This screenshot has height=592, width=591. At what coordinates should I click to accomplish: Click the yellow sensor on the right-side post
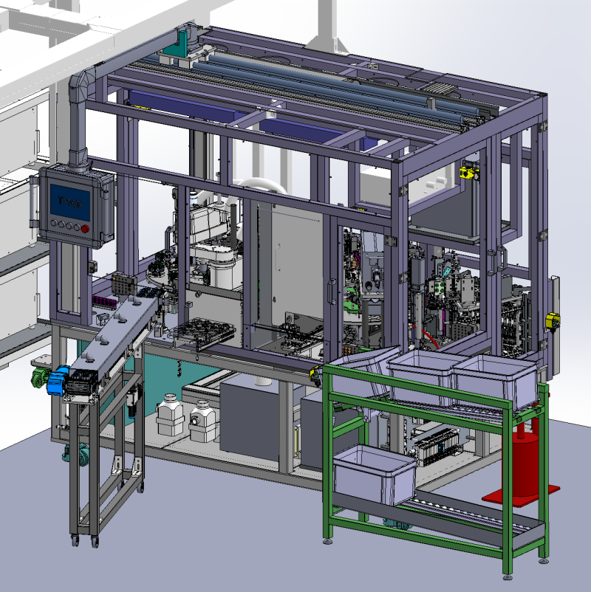pos(551,320)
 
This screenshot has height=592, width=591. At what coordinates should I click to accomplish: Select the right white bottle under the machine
pos(201,421)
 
